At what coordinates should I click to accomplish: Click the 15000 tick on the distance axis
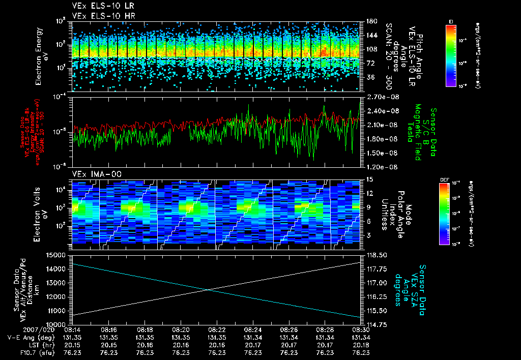click(x=57, y=255)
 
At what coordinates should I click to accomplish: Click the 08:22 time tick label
click(x=217, y=329)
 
